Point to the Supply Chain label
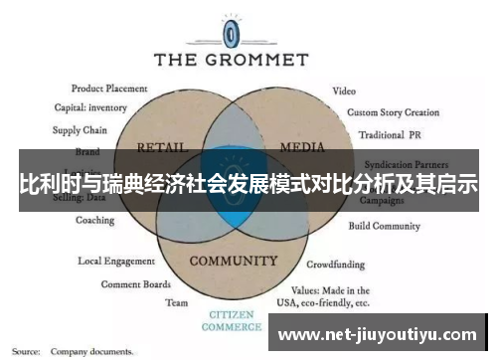coord(81,130)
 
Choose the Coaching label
coord(95,221)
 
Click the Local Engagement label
coord(116,262)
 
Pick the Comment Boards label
coord(130,283)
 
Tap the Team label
coord(177,302)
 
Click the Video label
coord(344,90)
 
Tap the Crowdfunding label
coord(335,266)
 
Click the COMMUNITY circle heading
coord(233,262)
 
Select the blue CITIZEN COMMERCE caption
coord(232,320)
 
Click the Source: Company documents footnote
coord(74,351)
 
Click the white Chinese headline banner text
coord(248,184)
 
